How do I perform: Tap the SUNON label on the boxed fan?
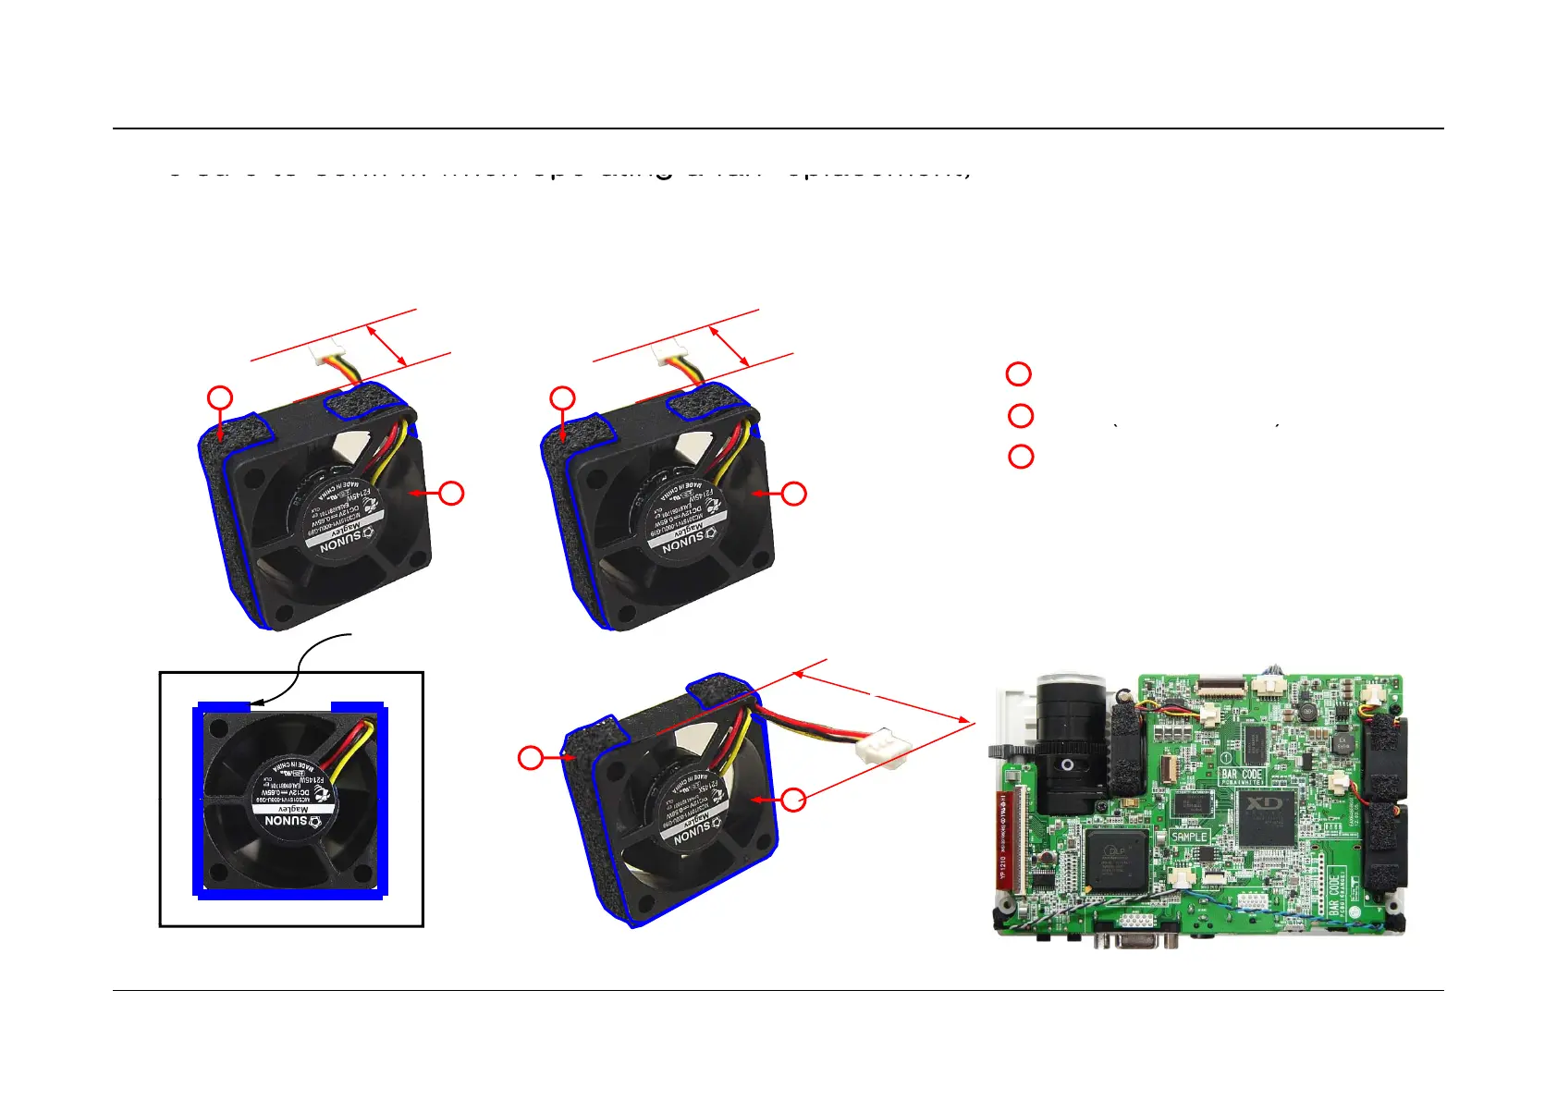coord(287,819)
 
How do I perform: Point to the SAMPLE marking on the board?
coord(1189,836)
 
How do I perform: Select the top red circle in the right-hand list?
coord(1018,373)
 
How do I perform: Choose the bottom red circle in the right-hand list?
coord(1021,457)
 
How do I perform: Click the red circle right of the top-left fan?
coord(451,493)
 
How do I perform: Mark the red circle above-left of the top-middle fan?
coord(562,398)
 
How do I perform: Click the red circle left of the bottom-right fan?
coord(530,758)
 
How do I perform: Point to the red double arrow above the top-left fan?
coord(387,345)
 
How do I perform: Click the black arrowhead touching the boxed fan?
coord(255,703)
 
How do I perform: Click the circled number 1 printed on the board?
coord(1226,757)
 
